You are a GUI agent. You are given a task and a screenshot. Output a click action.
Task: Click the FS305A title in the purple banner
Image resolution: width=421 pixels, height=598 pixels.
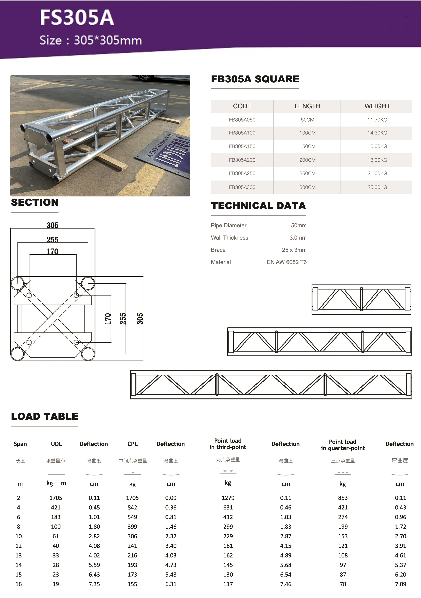(x=77, y=18)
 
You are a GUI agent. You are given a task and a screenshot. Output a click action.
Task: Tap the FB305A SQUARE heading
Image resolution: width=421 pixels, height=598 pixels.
(x=255, y=79)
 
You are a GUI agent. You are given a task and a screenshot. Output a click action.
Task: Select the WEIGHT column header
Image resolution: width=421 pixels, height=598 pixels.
(x=377, y=106)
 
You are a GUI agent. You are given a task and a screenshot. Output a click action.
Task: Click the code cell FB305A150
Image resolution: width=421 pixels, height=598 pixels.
(x=242, y=146)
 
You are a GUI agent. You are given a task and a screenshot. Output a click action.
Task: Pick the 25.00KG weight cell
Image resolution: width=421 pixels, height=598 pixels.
(x=377, y=187)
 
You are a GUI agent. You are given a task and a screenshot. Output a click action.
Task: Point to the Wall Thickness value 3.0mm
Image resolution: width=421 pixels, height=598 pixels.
(x=298, y=238)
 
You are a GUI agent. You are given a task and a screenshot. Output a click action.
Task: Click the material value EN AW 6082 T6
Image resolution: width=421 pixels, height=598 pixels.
(x=286, y=262)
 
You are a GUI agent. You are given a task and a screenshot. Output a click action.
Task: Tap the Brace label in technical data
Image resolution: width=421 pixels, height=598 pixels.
(x=218, y=250)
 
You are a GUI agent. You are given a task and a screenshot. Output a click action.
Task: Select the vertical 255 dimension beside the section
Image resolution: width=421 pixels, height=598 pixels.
(x=123, y=319)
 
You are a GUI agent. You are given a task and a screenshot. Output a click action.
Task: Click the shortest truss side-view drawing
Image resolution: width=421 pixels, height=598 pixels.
(x=361, y=299)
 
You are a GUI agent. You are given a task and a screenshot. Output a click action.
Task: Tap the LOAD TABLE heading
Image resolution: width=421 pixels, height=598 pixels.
(x=45, y=417)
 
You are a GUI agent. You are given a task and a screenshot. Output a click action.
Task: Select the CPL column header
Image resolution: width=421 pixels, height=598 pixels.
(x=132, y=444)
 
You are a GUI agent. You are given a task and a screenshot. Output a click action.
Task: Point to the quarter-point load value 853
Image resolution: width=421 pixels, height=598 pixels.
(x=343, y=498)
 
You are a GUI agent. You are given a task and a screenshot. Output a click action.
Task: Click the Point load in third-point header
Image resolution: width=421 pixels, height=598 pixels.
(x=228, y=444)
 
